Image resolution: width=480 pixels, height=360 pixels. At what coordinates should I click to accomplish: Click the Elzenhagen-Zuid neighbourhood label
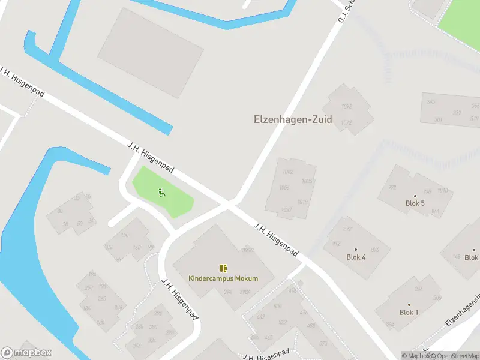293,119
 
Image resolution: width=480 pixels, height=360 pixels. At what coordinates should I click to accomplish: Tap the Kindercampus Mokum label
223,278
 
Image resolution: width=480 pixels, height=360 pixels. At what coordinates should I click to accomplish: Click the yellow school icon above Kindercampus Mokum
223,268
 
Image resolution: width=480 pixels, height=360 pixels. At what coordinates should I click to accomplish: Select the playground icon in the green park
161,193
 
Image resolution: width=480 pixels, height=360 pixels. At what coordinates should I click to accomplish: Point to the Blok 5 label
415,203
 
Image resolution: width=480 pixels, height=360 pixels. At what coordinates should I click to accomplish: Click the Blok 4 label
356,257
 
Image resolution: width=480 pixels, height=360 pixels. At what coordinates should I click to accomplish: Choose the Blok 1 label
409,313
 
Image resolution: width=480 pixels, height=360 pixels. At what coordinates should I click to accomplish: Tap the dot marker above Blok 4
356,249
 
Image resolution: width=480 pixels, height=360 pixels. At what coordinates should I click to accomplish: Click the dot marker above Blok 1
409,304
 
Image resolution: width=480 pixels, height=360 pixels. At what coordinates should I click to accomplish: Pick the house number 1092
346,107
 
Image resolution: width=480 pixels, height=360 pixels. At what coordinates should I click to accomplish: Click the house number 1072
346,122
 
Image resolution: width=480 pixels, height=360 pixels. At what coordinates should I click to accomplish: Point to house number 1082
287,172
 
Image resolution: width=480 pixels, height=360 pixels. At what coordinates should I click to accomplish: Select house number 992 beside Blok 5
392,188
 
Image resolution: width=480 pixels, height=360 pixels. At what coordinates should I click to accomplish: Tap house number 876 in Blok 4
375,250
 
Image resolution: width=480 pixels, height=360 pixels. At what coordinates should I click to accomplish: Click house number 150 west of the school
125,235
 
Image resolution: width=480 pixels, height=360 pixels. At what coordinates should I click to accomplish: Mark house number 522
283,322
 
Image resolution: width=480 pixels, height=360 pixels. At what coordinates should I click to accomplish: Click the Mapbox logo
26,353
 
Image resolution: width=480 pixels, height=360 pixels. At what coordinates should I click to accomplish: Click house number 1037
286,209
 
